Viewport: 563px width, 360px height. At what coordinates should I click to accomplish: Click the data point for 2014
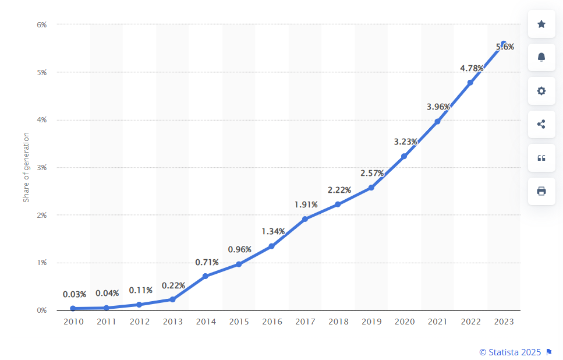[x=206, y=276]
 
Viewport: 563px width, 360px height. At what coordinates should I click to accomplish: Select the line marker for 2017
[x=305, y=219]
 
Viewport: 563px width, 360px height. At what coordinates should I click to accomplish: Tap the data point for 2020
[x=404, y=156]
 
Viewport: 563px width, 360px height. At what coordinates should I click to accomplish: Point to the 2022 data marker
[x=470, y=82]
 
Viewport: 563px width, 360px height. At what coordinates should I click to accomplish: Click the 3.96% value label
[x=438, y=107]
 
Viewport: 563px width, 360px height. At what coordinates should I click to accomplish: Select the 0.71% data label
[x=207, y=262]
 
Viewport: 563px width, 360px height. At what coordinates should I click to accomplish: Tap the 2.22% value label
[x=339, y=190]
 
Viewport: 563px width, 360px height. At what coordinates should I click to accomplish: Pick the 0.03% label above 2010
[x=75, y=294]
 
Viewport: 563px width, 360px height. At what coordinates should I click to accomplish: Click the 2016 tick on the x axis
[x=272, y=322]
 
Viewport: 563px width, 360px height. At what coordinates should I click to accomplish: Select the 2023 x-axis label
[x=504, y=322]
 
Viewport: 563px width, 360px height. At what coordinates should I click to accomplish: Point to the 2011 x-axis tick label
[x=107, y=322]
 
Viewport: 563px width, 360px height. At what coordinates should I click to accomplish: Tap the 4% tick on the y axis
[x=42, y=120]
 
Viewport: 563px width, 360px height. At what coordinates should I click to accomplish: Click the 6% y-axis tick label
[x=42, y=24]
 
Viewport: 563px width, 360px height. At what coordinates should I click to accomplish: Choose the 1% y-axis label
[x=42, y=263]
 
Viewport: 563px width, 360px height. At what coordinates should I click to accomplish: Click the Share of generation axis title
[x=26, y=167]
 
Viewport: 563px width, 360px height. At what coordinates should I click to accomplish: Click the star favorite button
[x=541, y=24]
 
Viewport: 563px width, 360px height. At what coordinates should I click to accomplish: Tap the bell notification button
[x=541, y=57]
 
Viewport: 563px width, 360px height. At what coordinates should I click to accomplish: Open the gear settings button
[x=541, y=91]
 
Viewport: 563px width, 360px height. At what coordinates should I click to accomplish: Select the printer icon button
[x=541, y=191]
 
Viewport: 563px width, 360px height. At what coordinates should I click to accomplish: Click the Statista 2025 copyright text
[x=510, y=352]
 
